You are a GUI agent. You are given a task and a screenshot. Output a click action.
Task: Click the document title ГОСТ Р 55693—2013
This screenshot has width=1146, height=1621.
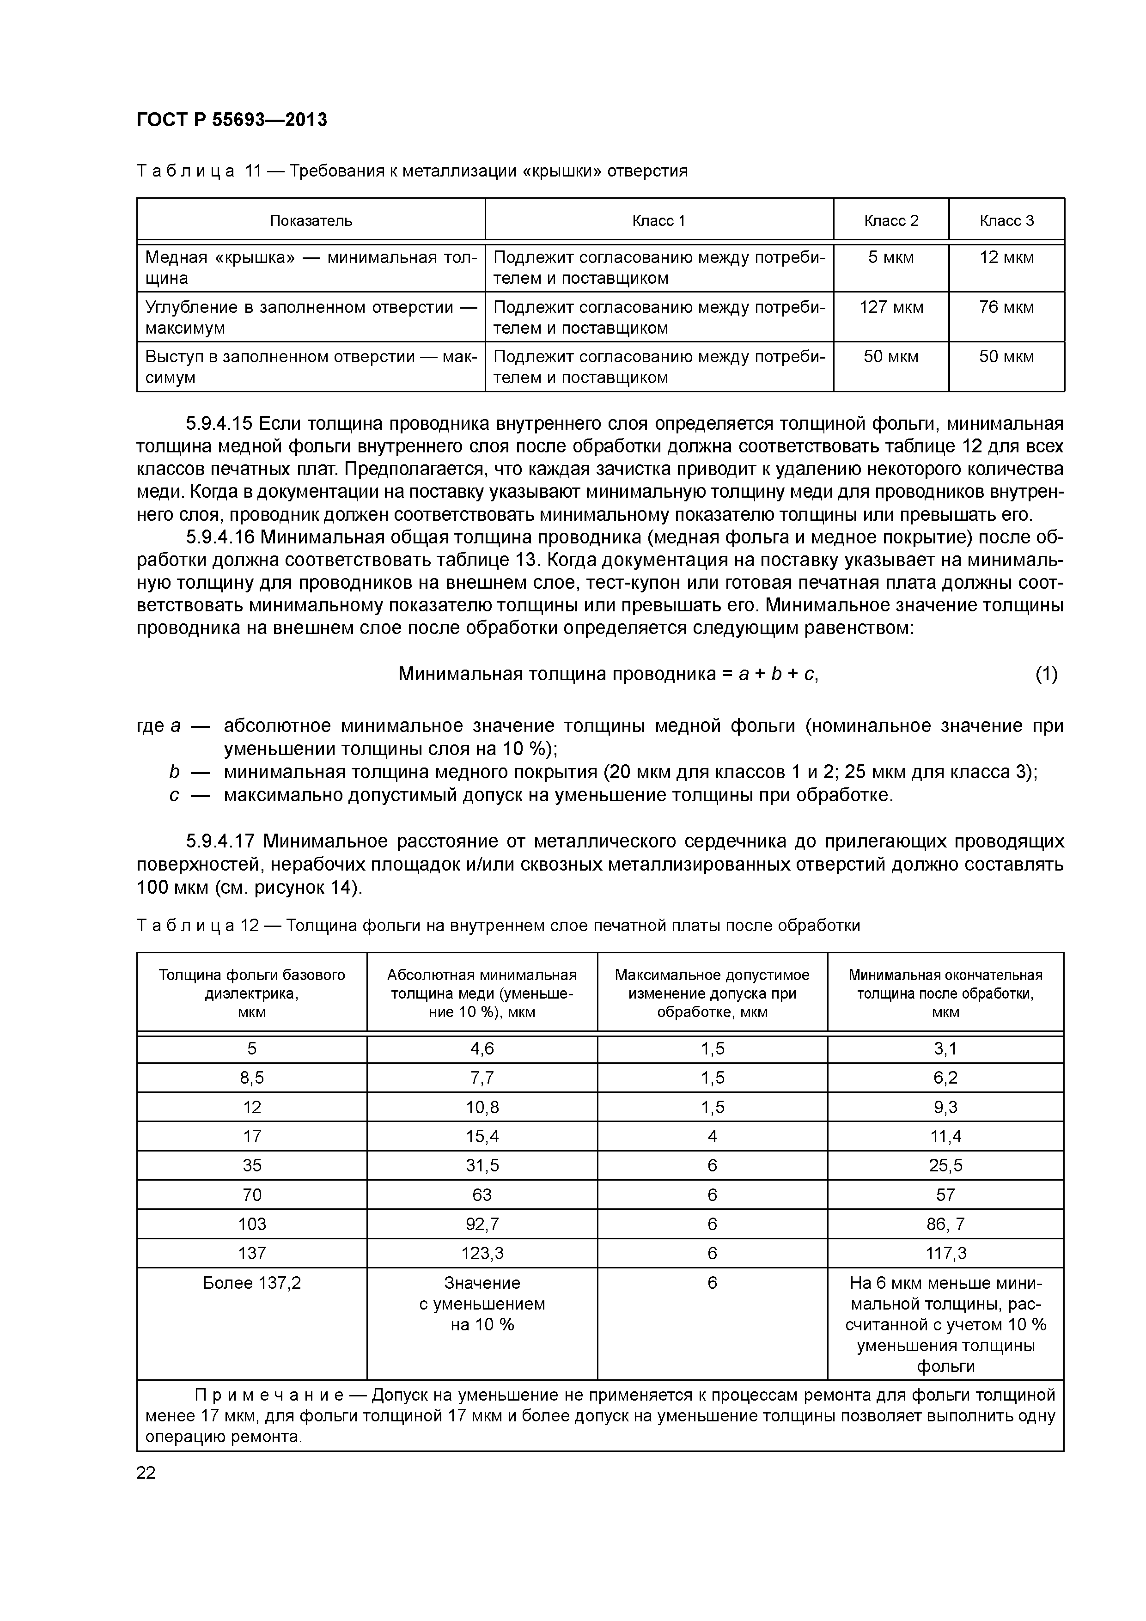[232, 120]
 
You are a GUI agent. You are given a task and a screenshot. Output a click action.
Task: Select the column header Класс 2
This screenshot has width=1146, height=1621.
[891, 221]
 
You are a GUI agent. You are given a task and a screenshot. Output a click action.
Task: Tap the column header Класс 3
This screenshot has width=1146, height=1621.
[1006, 221]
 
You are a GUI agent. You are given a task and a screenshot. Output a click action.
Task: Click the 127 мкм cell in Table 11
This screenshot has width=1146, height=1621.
[891, 308]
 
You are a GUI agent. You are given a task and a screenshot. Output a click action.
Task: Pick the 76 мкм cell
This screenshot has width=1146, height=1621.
[1006, 308]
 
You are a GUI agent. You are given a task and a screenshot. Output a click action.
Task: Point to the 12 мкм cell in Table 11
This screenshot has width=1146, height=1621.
[1006, 258]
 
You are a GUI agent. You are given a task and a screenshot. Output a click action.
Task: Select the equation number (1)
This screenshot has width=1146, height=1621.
[1047, 675]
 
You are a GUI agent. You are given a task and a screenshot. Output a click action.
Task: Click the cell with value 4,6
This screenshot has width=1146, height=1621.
[482, 1049]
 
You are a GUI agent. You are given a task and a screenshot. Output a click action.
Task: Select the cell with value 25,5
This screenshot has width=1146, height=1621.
[945, 1166]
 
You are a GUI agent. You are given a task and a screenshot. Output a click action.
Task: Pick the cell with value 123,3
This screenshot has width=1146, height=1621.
[482, 1253]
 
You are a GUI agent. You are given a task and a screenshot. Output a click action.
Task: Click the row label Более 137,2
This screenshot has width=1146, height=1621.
[252, 1283]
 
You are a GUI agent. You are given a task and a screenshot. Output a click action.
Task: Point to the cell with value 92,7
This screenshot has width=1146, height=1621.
[482, 1224]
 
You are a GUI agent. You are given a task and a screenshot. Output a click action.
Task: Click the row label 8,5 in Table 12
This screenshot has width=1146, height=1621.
[252, 1078]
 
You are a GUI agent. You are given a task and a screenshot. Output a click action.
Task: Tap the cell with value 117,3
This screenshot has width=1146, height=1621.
[945, 1253]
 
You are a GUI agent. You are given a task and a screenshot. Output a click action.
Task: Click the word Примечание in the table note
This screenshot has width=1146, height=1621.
[269, 1396]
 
